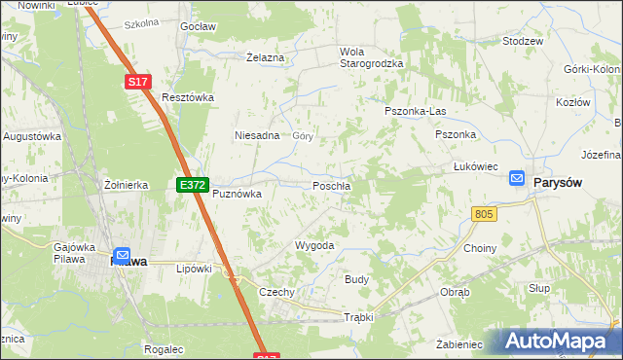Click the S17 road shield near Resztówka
[x=138, y=84]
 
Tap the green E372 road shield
[x=191, y=184]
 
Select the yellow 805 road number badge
[x=484, y=213]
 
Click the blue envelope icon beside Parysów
[x=517, y=179]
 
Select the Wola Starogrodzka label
[x=371, y=57]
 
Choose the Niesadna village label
[x=257, y=136]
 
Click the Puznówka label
[x=238, y=194]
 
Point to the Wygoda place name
[x=314, y=246]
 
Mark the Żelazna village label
[x=265, y=58]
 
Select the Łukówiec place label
[x=476, y=166]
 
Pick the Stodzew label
[x=522, y=42]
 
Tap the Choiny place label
[x=480, y=248]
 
